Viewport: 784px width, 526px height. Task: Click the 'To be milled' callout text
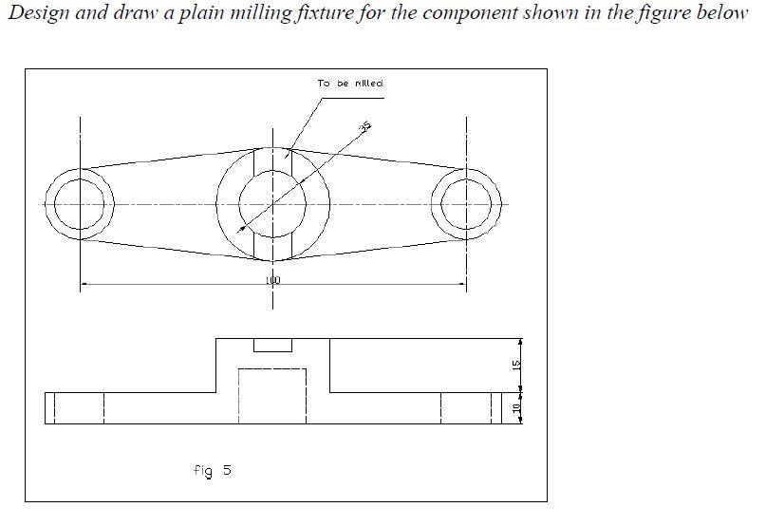click(350, 84)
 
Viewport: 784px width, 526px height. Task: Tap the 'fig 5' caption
click(212, 470)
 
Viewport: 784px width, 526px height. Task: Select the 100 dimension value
click(273, 281)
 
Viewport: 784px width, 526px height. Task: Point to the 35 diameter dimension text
click(364, 126)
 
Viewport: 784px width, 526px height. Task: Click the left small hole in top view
click(80, 204)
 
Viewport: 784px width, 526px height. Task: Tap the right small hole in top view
click(466, 204)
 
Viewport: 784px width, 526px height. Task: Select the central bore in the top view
click(272, 203)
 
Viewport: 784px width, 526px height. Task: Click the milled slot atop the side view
click(272, 345)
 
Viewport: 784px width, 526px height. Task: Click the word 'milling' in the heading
click(230, 13)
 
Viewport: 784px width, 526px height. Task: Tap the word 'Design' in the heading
click(37, 13)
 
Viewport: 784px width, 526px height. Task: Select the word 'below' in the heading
click(722, 13)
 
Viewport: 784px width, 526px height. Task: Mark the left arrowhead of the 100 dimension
click(84, 283)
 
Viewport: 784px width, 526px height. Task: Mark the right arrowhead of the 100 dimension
click(462, 283)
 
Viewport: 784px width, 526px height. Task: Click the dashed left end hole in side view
click(79, 408)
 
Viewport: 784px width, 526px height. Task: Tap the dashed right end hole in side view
click(466, 408)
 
